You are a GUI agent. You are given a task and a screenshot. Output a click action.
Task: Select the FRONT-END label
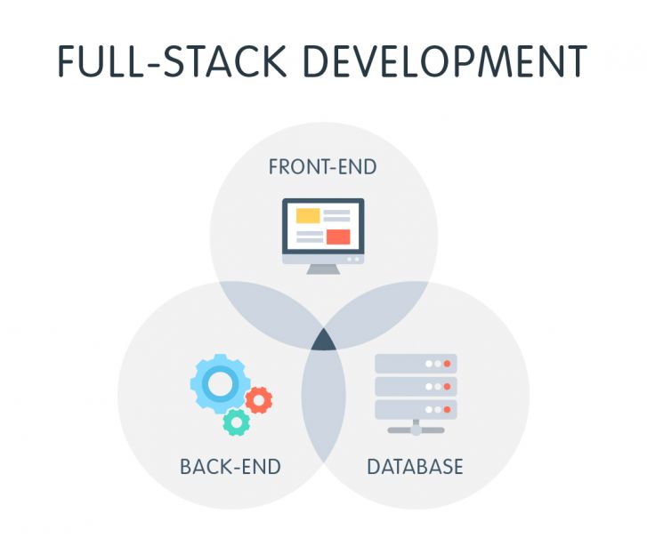tap(322, 167)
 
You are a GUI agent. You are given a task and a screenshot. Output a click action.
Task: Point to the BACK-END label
tap(230, 467)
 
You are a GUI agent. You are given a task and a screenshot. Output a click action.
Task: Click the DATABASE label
tap(415, 467)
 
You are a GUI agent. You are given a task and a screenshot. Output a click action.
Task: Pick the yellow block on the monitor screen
tap(308, 215)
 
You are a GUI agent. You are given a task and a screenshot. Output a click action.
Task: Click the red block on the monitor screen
tap(337, 237)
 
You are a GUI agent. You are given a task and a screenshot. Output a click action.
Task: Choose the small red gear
tap(259, 401)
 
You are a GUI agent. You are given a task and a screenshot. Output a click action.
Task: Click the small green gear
tap(236, 421)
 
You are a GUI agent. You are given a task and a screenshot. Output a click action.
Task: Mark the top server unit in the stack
tap(416, 364)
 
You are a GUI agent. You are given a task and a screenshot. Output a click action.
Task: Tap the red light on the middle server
tap(447, 387)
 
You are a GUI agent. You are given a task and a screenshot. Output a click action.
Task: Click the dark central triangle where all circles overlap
tap(323, 339)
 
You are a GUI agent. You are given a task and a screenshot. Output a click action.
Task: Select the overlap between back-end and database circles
tap(323, 409)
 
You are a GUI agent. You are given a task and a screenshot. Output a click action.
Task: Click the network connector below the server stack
tap(416, 429)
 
